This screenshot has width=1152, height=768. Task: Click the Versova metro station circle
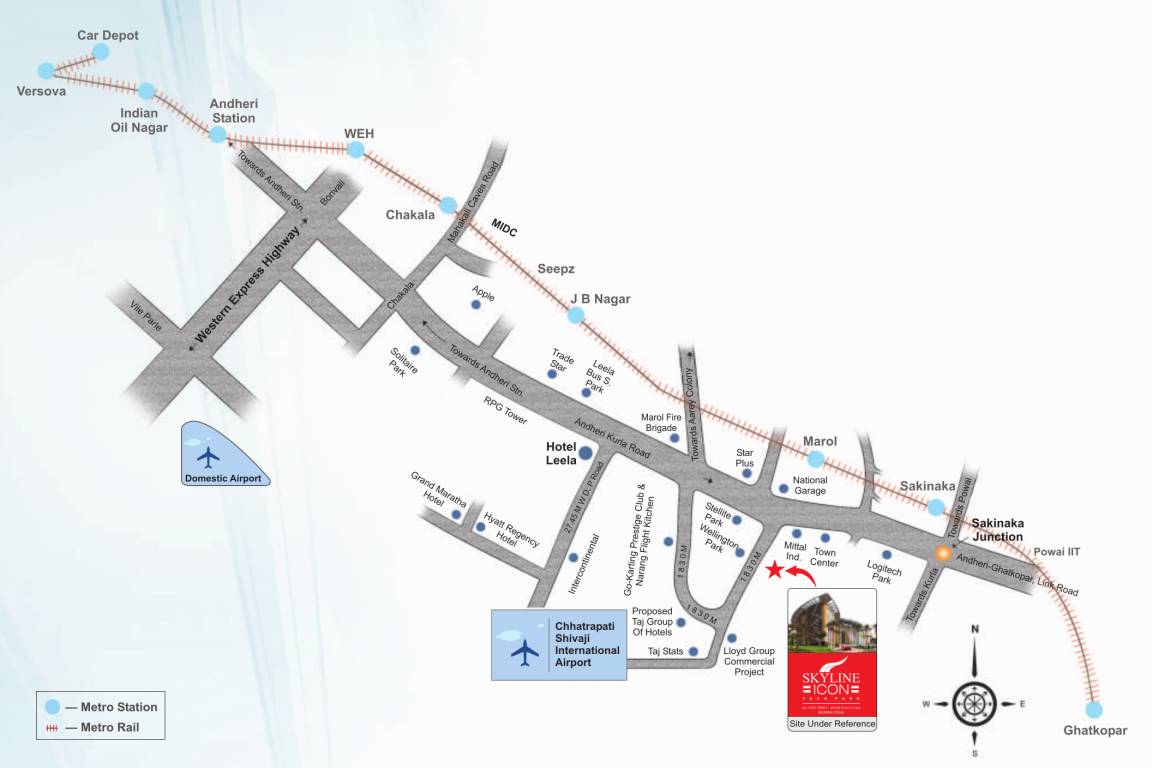click(x=46, y=71)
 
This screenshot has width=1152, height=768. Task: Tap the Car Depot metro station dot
click(x=100, y=51)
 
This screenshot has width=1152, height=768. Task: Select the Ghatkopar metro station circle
click(x=1094, y=709)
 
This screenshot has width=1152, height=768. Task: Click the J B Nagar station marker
click(x=575, y=316)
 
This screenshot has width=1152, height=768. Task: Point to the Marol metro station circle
click(x=815, y=460)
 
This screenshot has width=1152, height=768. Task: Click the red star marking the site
click(x=774, y=571)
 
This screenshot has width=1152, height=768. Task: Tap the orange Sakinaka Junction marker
click(x=942, y=552)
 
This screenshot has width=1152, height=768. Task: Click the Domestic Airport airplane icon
click(x=208, y=456)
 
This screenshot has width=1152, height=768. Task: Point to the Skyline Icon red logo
click(x=831, y=684)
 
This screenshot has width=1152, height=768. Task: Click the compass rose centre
click(x=974, y=703)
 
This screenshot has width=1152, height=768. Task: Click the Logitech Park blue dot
click(x=886, y=555)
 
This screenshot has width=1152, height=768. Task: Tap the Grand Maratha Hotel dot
click(x=456, y=514)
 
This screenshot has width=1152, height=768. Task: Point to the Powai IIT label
click(x=1057, y=551)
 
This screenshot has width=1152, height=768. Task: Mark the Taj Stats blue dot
click(x=693, y=651)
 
